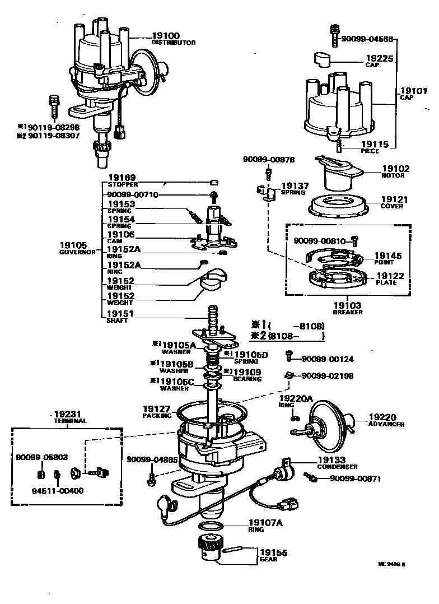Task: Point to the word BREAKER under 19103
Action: (x=348, y=312)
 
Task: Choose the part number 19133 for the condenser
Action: (x=333, y=459)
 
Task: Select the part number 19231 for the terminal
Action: (x=66, y=413)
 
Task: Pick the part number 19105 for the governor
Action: (x=73, y=245)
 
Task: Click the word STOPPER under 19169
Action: (x=123, y=184)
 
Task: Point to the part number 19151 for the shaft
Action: (x=122, y=314)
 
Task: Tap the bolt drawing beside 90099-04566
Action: (x=335, y=35)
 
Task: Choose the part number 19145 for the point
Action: (x=387, y=255)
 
